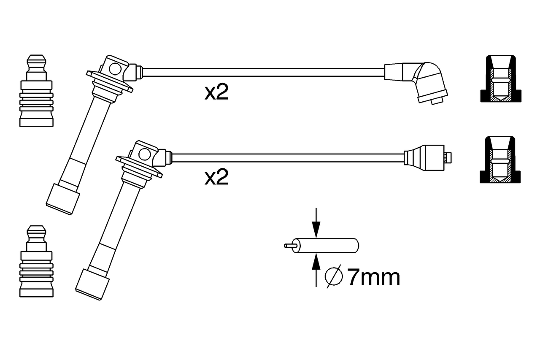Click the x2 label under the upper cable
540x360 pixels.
click(x=216, y=92)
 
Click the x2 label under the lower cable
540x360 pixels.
click(x=216, y=177)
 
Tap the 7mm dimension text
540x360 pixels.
click(x=373, y=278)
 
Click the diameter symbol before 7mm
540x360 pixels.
click(x=334, y=276)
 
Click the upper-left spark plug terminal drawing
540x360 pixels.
click(x=36, y=91)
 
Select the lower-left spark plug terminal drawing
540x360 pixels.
click(x=36, y=261)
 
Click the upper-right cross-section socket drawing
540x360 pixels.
click(x=501, y=78)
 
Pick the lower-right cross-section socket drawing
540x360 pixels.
click(x=500, y=160)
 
